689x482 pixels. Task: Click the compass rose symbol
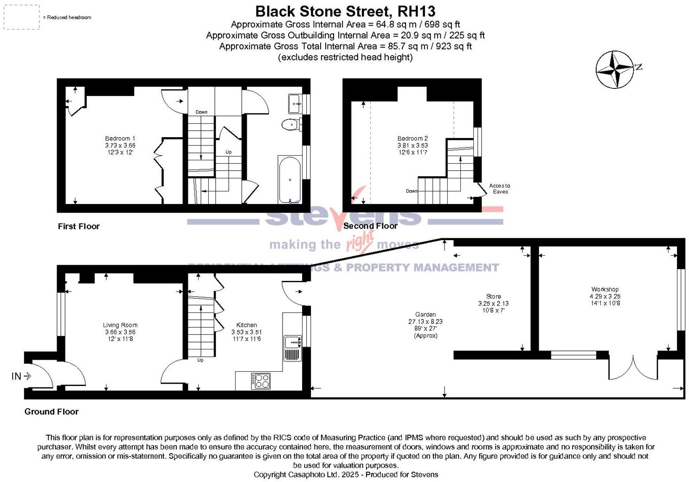[614, 70]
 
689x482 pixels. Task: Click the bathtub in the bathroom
[290, 180]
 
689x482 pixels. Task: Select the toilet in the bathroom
[291, 124]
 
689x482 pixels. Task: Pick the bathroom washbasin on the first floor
[295, 103]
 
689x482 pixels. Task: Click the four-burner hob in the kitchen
[261, 381]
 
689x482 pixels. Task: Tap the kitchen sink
[293, 342]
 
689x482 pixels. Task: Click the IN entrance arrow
[21, 376]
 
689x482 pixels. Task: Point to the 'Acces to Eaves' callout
[499, 189]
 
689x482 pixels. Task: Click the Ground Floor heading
[52, 412]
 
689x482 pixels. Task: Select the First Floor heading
[78, 226]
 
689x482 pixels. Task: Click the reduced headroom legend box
[22, 18]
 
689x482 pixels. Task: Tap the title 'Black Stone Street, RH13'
[345, 11]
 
